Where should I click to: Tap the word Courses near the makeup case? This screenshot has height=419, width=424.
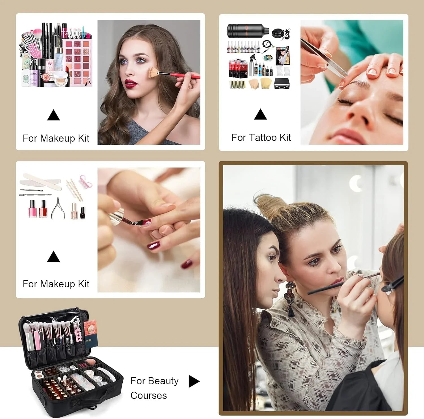[149, 396]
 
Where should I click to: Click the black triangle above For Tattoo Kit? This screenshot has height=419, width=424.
[260, 114]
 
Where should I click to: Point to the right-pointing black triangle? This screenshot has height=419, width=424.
[194, 381]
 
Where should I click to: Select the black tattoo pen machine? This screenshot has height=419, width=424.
[248, 31]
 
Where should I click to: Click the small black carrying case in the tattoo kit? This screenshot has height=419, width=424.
[282, 84]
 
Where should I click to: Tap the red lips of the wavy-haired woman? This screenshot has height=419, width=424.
[131, 84]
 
